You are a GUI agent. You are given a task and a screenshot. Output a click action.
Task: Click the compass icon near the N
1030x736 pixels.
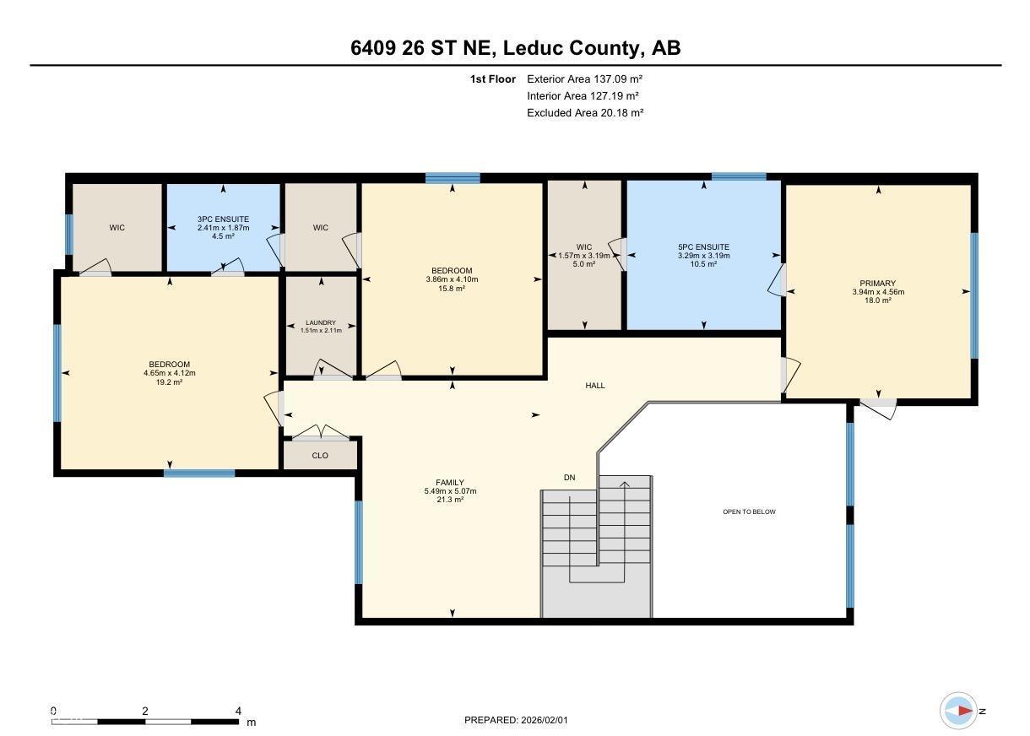click(958, 711)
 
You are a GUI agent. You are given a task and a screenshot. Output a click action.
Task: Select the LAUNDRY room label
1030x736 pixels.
click(321, 322)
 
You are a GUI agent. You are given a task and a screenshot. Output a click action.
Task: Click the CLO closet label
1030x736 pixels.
click(320, 456)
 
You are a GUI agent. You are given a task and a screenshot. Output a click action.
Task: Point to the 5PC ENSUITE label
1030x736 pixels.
click(702, 247)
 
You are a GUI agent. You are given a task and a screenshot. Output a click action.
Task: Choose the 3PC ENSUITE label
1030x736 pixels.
click(223, 219)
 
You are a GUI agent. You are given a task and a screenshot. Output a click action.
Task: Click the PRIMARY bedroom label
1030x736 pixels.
click(878, 284)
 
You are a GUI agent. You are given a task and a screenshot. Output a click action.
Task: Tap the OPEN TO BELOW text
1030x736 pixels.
click(749, 511)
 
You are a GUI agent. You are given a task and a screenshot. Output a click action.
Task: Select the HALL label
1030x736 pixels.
click(595, 386)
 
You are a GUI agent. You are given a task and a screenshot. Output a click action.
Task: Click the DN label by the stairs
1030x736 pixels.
click(569, 478)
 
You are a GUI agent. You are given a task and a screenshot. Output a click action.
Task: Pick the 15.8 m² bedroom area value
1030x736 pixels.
click(452, 289)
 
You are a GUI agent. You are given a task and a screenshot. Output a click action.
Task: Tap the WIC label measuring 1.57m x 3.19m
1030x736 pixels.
click(584, 246)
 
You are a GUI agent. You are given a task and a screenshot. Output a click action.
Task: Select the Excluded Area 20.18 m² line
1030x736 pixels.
click(585, 112)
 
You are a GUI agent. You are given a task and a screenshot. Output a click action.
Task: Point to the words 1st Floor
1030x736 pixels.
click(492, 78)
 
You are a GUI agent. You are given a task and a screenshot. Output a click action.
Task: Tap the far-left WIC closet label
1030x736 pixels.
click(117, 228)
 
